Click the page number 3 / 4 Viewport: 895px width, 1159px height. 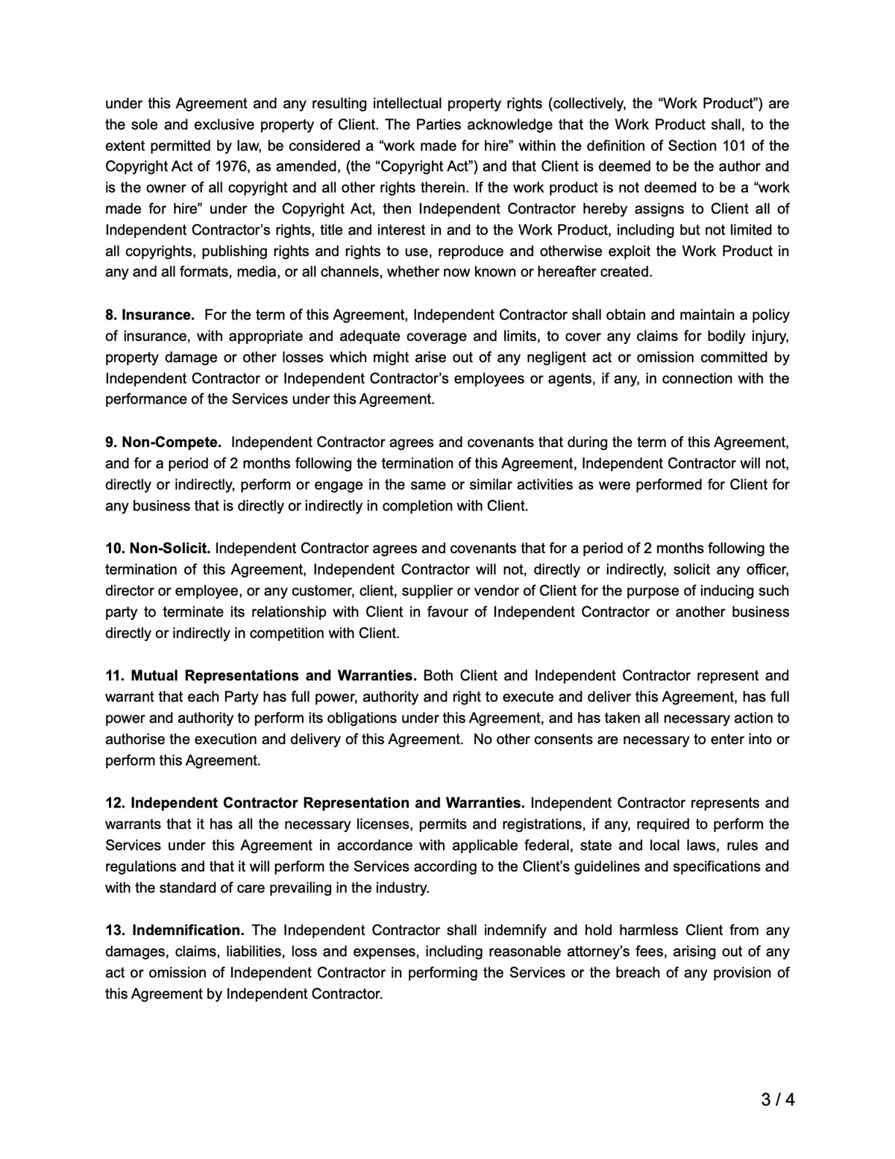777,1099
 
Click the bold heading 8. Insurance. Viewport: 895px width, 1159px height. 149,315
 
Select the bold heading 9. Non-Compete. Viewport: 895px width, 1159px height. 163,442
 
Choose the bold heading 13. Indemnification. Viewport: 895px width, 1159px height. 175,931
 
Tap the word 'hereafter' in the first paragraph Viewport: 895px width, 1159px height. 567,272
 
